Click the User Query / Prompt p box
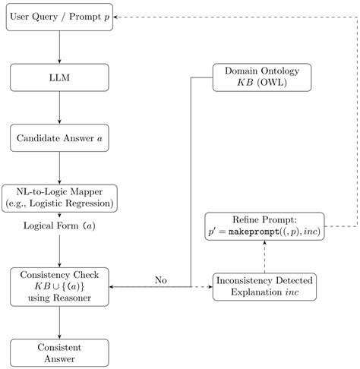[59, 17]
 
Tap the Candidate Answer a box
[59, 138]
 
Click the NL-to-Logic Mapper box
[59, 198]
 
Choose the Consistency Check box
[59, 286]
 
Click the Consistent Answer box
[59, 352]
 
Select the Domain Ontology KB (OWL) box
[262, 77]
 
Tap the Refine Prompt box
[264, 227]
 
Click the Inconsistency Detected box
[264, 286]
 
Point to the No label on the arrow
[160, 279]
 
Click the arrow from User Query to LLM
[59, 48]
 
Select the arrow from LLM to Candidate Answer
[59, 109]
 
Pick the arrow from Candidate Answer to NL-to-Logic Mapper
[59, 168]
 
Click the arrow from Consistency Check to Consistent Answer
[59, 321]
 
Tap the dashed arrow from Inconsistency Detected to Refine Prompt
[264, 257]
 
